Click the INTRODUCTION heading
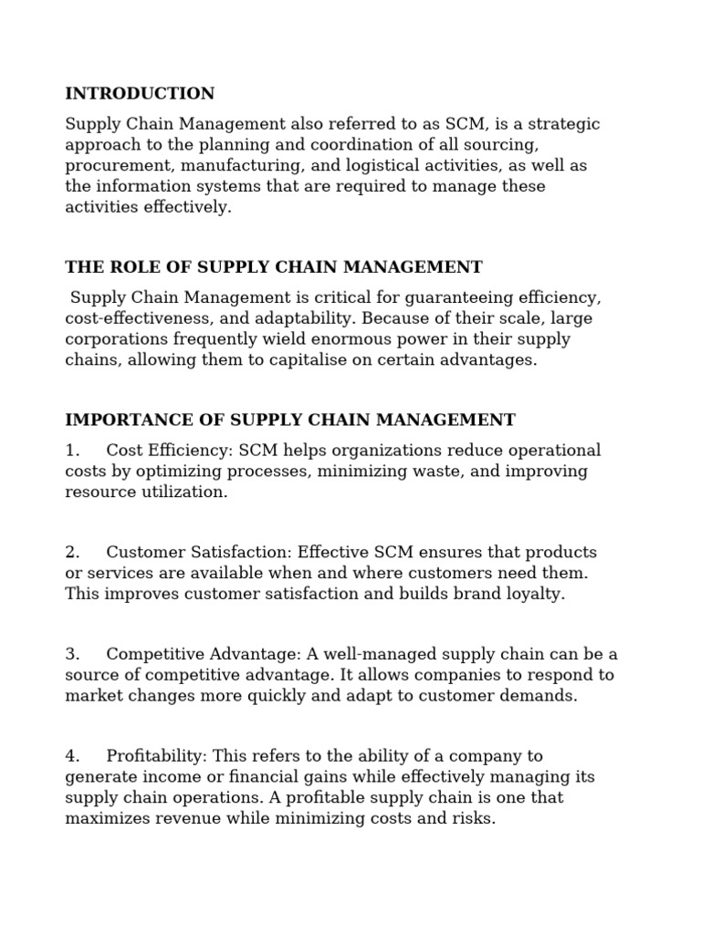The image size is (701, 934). [x=140, y=94]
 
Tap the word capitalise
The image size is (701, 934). [x=321, y=360]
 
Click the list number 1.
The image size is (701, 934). [x=72, y=451]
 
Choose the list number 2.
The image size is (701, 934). [x=72, y=553]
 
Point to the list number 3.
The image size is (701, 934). [x=72, y=655]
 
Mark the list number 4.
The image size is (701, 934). [x=72, y=756]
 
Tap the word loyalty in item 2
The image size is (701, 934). [x=533, y=594]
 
